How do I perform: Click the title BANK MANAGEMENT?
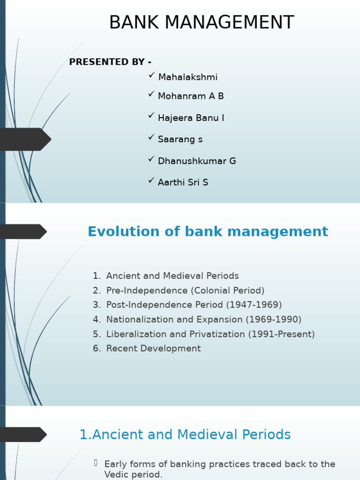(202, 22)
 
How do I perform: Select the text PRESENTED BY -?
(110, 62)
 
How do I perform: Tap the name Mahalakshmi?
(187, 77)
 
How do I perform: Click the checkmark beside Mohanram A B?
(151, 94)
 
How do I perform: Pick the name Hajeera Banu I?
(191, 118)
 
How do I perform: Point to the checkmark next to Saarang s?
(151, 137)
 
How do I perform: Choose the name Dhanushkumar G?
(197, 161)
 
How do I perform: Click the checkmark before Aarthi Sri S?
(151, 180)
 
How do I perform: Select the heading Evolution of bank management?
(208, 232)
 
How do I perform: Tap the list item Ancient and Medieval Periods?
(172, 276)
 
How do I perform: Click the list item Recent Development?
(153, 349)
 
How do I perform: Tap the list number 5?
(96, 334)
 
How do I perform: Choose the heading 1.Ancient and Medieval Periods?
(185, 435)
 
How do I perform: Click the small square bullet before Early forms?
(96, 463)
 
